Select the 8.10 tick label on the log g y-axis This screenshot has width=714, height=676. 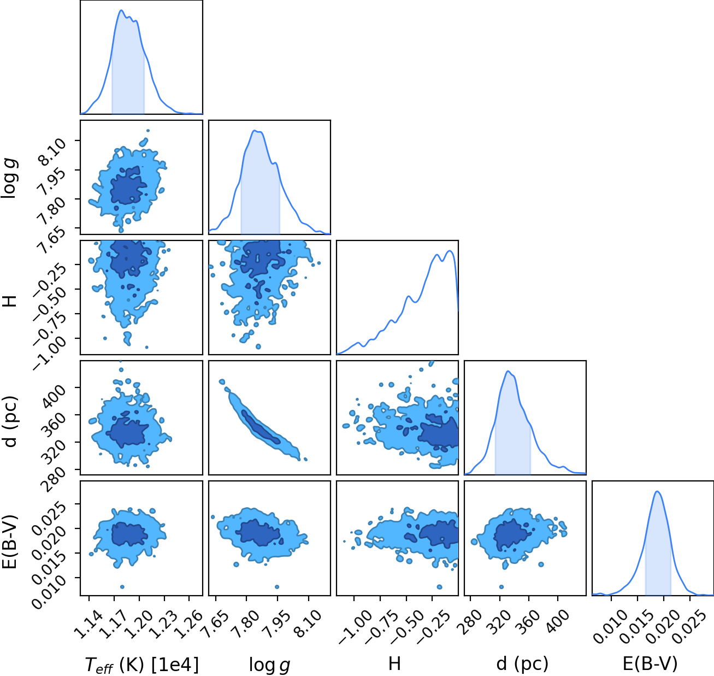pyautogui.click(x=52, y=152)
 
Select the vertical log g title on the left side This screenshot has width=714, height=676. pyautogui.click(x=9, y=179)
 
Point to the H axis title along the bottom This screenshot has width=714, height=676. pyautogui.click(x=394, y=663)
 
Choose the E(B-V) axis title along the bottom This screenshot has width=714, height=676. pyautogui.click(x=650, y=663)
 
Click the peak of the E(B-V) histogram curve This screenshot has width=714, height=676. pyautogui.click(x=657, y=491)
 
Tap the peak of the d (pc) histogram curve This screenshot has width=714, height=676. pyautogui.click(x=508, y=371)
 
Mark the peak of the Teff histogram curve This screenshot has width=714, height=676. pyautogui.click(x=121, y=10)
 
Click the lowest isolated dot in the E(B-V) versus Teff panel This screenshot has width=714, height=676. pyautogui.click(x=122, y=587)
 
